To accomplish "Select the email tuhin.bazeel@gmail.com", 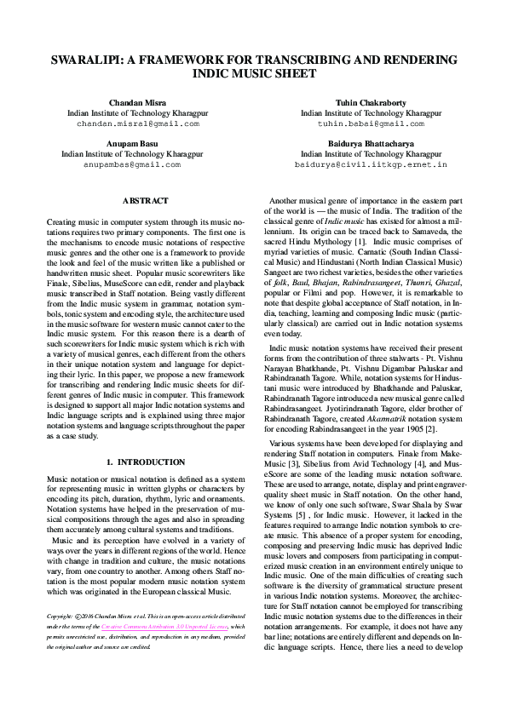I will (x=370, y=123).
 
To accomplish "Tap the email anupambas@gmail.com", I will (x=137, y=164).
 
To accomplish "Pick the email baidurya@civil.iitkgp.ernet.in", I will (x=370, y=164).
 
